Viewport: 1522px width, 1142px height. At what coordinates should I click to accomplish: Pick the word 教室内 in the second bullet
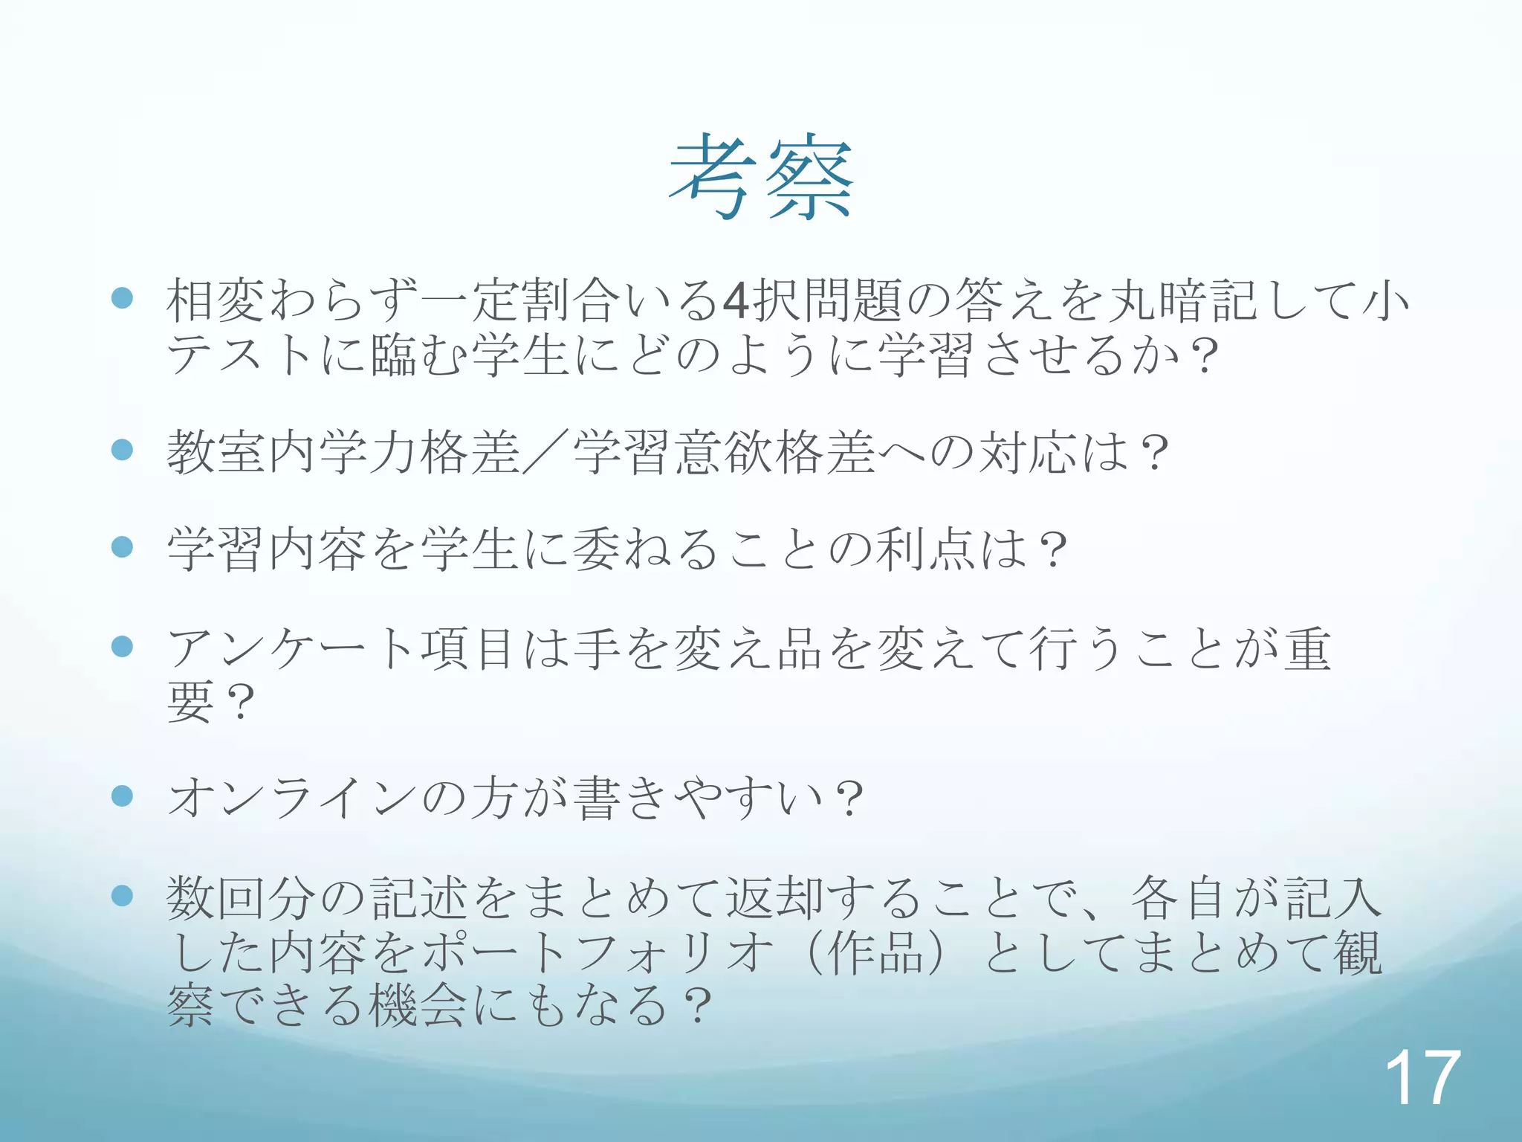click(241, 453)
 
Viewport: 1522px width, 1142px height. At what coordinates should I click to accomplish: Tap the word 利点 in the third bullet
click(925, 550)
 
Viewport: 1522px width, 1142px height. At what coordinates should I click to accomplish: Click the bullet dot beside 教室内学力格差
click(122, 449)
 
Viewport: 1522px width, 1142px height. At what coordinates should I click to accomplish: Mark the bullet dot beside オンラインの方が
click(122, 796)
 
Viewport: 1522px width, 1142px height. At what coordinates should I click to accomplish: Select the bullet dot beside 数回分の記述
click(122, 896)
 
